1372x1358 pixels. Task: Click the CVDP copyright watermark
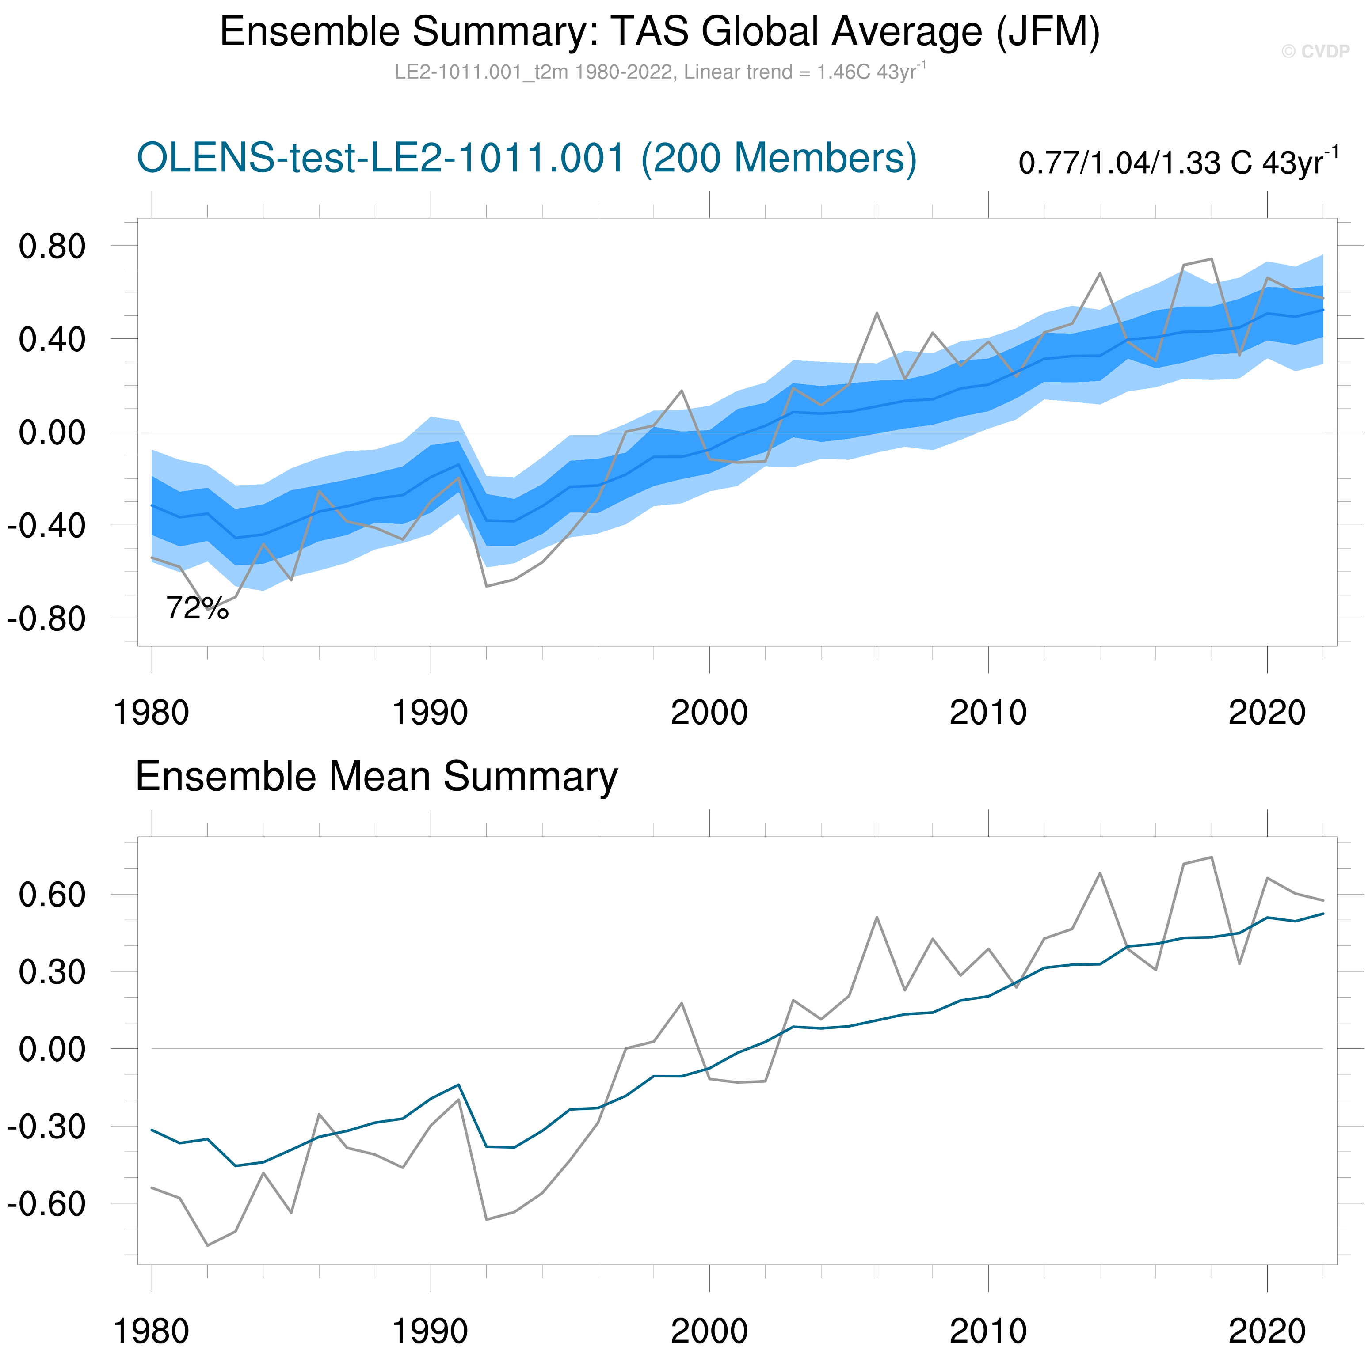click(x=1315, y=51)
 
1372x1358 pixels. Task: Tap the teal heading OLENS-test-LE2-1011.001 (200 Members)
click(x=526, y=158)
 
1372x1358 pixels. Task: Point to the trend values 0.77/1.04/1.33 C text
click(x=1178, y=163)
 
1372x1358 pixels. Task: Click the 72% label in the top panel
click(x=197, y=608)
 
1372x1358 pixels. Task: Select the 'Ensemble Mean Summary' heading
click(x=377, y=777)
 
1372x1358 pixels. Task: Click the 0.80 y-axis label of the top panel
click(x=52, y=247)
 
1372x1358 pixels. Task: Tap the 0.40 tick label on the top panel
click(x=52, y=339)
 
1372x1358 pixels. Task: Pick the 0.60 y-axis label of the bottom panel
click(x=52, y=895)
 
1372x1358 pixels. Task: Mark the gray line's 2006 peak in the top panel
click(x=877, y=313)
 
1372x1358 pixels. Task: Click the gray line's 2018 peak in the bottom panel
click(x=1212, y=857)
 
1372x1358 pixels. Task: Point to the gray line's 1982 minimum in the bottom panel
click(x=207, y=1246)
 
